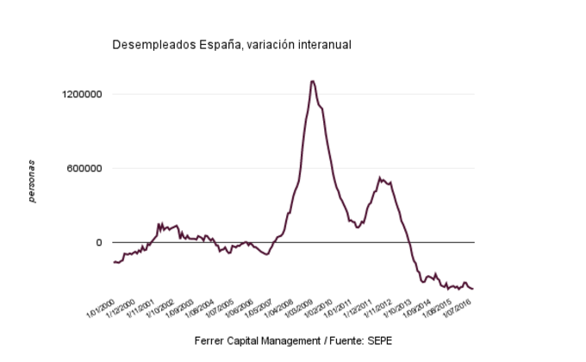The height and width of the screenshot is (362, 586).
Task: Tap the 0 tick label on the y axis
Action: point(99,242)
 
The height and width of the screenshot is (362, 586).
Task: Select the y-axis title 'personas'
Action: point(32,181)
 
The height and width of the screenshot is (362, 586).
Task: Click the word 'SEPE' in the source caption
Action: point(378,340)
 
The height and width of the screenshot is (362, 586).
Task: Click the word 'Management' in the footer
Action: point(294,340)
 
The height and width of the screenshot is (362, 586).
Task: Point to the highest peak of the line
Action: point(312,81)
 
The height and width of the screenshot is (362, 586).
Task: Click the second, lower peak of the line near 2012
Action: point(380,178)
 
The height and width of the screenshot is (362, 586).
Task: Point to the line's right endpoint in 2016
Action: point(473,289)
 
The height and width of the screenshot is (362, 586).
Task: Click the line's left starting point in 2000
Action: point(114,262)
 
